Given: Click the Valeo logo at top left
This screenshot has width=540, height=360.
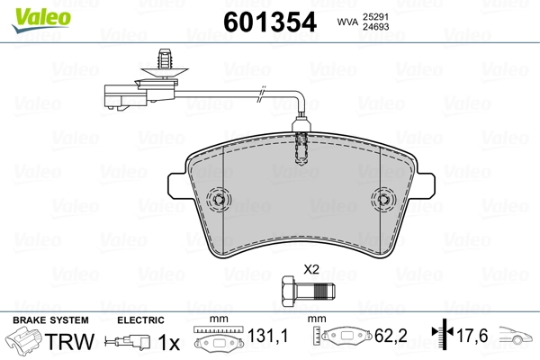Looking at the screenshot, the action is coord(41,19).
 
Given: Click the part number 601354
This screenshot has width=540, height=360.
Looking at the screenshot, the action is coord(270,22).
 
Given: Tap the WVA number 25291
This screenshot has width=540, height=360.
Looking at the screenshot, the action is coord(375,17).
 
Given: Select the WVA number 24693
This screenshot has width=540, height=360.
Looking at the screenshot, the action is coord(376,27).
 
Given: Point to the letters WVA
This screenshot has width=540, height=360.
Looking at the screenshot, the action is coord(347,22).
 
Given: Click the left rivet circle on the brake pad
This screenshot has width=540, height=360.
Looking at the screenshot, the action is coord(219,199).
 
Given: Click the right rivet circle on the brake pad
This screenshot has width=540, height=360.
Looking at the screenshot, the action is coord(383,200).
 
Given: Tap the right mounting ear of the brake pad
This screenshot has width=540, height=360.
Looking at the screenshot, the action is coord(425,185).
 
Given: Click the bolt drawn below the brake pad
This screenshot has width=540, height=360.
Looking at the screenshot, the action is coord(308,291).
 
